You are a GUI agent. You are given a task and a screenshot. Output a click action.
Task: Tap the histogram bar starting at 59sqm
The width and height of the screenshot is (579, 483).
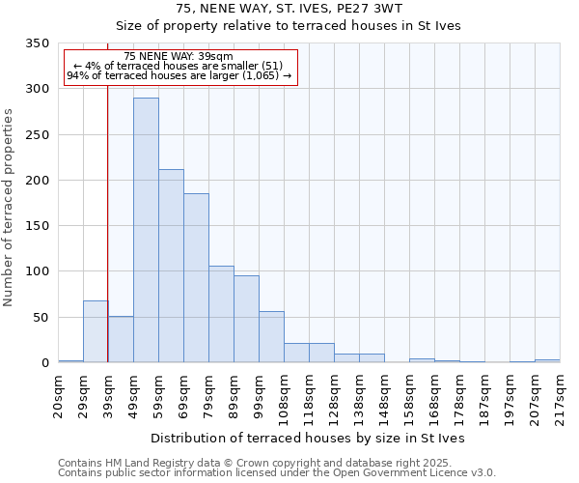[x=171, y=266]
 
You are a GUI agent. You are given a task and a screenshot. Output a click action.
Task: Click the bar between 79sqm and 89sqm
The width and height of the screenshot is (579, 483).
[x=221, y=314]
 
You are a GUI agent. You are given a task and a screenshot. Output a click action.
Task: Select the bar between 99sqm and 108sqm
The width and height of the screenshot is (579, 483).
[x=271, y=337]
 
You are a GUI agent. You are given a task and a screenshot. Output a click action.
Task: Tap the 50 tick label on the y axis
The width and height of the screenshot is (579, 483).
[x=41, y=318]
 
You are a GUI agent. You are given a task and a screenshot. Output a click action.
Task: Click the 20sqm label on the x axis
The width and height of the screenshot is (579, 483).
[x=59, y=396]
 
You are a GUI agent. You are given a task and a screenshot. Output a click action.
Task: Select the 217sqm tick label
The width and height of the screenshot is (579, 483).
[x=561, y=396]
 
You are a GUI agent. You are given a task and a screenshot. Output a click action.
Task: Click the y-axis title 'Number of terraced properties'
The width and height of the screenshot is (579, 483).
[x=10, y=208]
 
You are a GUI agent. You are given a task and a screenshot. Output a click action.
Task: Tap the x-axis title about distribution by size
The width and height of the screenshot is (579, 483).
[x=309, y=438]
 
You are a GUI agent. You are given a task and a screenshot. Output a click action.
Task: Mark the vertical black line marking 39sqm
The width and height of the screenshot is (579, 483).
[x=107, y=241]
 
